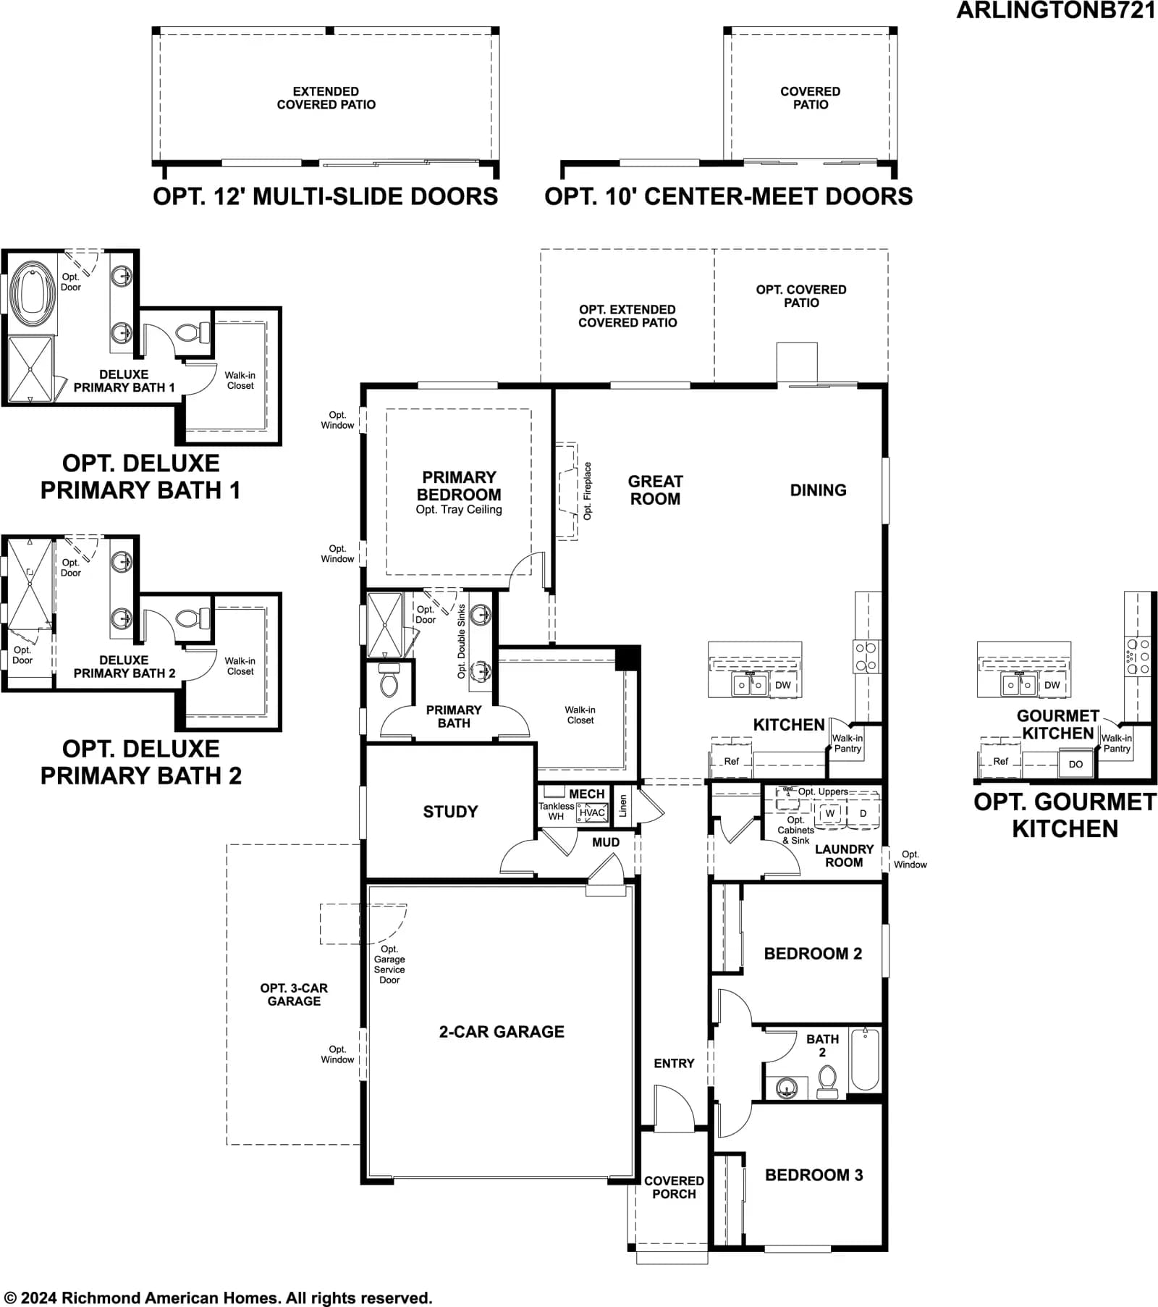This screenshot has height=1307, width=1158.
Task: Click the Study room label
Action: (x=450, y=812)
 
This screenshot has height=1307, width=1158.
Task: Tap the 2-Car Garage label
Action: (x=502, y=1032)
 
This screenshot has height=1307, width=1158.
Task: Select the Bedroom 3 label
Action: (x=814, y=1175)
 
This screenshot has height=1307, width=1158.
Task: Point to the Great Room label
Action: (x=655, y=490)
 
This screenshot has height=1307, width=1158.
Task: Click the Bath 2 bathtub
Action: (x=865, y=1059)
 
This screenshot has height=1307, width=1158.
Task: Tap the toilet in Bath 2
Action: (x=827, y=1082)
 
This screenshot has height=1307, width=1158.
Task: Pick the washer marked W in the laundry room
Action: (x=830, y=813)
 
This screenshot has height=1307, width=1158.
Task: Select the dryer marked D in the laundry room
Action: (x=863, y=813)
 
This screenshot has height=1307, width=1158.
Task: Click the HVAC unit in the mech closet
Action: (x=592, y=812)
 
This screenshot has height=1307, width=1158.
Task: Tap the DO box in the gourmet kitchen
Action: (x=1076, y=764)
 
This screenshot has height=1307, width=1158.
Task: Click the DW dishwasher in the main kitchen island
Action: (x=783, y=685)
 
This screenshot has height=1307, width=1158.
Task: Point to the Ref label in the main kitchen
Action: (x=732, y=761)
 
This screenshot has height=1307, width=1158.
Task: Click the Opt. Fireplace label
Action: (x=588, y=491)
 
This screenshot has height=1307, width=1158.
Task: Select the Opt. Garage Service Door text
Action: (x=389, y=965)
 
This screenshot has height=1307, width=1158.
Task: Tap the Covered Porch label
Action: (x=674, y=1188)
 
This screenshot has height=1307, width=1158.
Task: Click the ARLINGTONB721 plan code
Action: (x=1056, y=11)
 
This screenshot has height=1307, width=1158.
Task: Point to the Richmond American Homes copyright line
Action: (x=218, y=1298)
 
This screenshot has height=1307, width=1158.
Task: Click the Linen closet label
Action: (x=623, y=805)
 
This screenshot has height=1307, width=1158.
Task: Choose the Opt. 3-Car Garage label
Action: (x=294, y=994)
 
